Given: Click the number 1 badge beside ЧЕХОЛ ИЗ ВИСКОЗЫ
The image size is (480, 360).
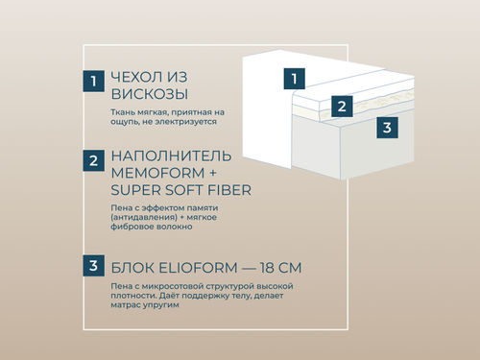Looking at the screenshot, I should (x=92, y=82).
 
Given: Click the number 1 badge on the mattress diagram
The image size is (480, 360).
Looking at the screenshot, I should (x=297, y=79).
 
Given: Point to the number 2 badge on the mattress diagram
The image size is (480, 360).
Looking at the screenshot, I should (x=340, y=105).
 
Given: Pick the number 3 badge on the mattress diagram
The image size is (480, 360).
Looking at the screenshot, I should (x=385, y=127).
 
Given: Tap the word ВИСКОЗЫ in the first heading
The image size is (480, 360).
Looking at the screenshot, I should (x=149, y=94).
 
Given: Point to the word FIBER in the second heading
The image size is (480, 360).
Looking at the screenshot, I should (x=227, y=190).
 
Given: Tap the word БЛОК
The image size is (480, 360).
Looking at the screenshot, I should (x=132, y=266).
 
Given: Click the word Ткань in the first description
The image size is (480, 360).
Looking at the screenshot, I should (x=124, y=112).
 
